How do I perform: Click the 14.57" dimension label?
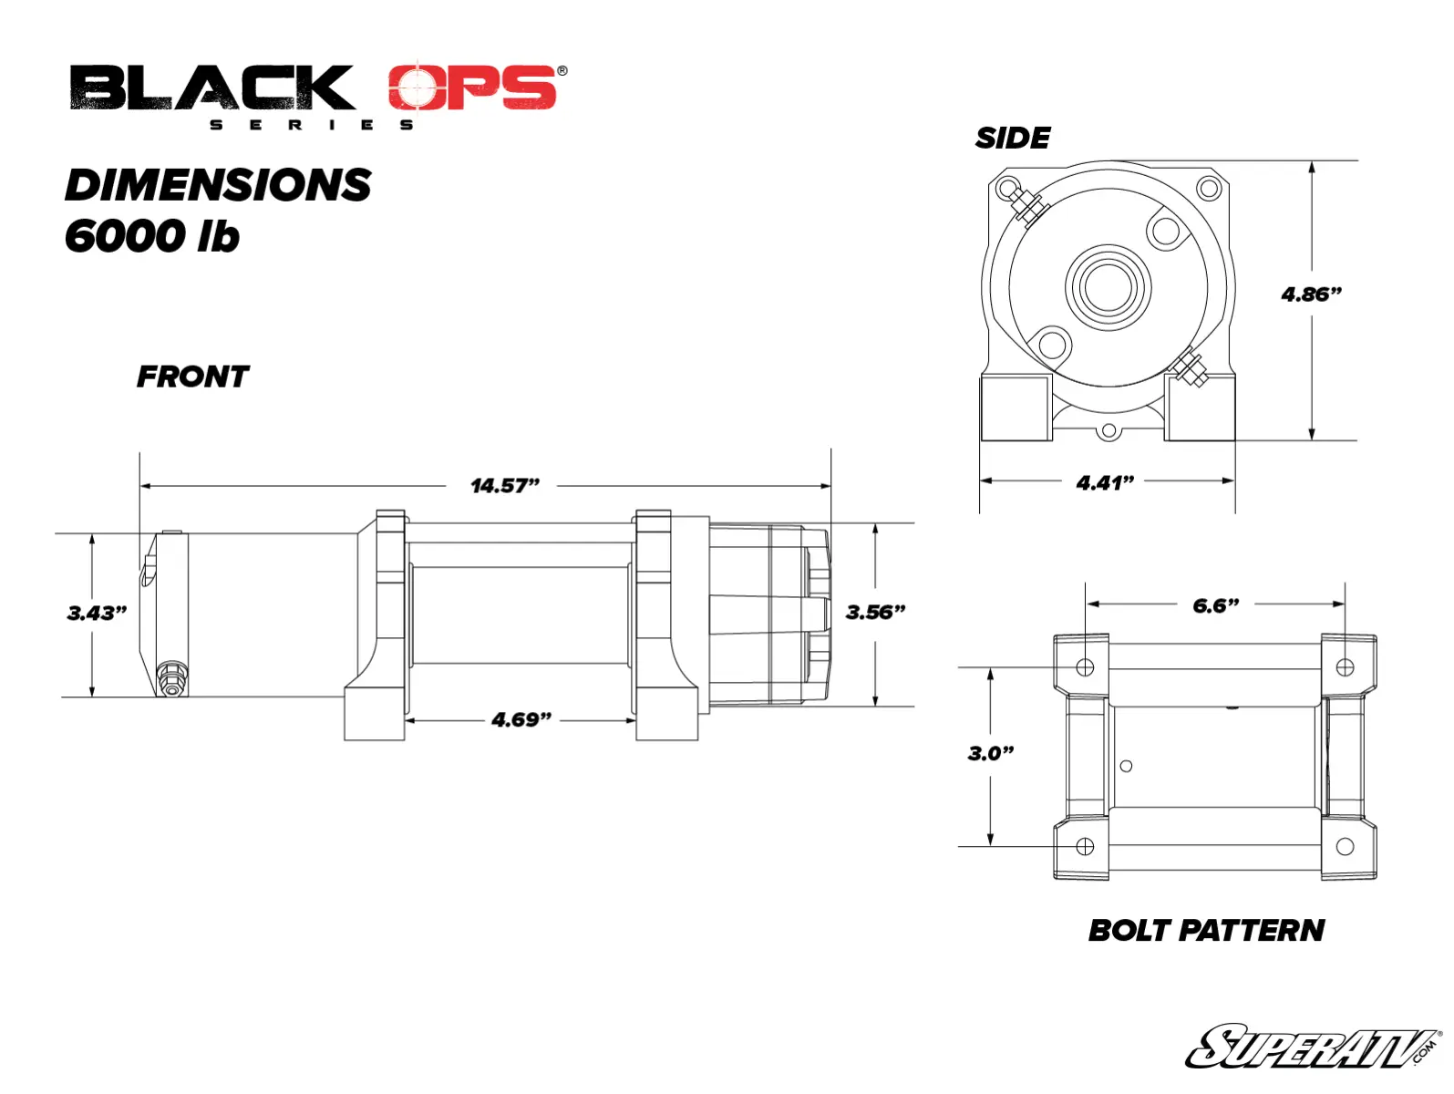click(505, 486)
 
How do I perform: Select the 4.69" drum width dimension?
click(521, 720)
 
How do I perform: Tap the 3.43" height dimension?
click(97, 614)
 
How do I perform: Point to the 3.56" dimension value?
click(875, 613)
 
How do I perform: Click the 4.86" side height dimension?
click(1311, 294)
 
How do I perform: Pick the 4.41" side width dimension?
click(1105, 483)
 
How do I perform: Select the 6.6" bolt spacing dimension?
click(1216, 606)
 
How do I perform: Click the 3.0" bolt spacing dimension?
click(991, 754)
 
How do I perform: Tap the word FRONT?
click(192, 377)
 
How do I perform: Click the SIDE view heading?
click(1013, 139)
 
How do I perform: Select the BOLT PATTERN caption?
click(1206, 931)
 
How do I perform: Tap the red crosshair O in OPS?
click(417, 88)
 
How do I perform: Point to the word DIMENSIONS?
click(219, 186)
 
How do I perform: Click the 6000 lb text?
click(152, 237)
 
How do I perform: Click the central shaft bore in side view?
click(1109, 288)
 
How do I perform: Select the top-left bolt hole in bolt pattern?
click(1085, 667)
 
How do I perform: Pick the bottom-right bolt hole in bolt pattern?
click(1345, 847)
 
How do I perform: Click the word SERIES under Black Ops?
click(312, 125)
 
